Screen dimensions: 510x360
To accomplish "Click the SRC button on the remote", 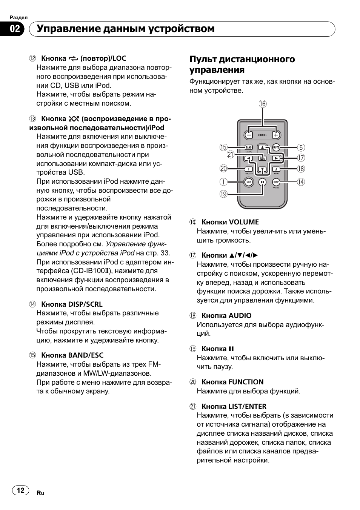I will [248, 182].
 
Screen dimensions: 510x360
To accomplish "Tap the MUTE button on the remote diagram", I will [276, 147].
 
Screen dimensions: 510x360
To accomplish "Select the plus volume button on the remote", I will [276, 135].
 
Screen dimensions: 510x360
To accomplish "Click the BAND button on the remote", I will [248, 147].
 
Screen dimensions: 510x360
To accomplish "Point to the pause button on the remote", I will [262, 182].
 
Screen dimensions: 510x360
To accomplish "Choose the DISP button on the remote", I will [276, 182].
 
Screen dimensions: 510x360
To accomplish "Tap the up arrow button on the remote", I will [262, 147].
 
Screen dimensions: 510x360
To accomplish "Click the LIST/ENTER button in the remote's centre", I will [262, 158].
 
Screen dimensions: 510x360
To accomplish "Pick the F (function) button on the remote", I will [248, 169].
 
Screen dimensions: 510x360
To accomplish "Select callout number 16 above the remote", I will [263, 104].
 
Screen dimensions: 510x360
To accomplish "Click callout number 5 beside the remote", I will [301, 147].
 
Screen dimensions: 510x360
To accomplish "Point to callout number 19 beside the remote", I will [223, 194].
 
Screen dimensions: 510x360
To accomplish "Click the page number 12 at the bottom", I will [21, 490].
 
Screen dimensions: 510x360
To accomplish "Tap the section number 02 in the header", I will [15, 29].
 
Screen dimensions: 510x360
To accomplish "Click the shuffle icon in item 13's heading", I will [74, 119].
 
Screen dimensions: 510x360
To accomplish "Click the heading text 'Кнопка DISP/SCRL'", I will [72, 304].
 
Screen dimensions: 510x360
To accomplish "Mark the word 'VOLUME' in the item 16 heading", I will [244, 222].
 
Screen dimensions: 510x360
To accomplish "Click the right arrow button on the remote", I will [276, 158].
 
